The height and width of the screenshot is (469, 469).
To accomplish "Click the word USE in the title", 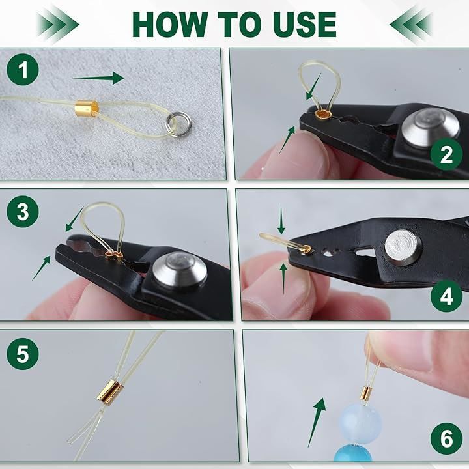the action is point(305,25).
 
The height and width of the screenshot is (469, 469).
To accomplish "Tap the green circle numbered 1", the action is point(23,70).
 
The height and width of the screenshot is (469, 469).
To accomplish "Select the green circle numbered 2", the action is point(447,154).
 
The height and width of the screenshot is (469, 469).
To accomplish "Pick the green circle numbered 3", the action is point(23,212).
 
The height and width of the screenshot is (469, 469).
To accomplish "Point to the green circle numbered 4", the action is point(447,296).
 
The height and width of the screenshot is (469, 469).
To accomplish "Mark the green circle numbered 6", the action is point(447,438).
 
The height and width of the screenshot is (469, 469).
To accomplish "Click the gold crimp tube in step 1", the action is point(87,108).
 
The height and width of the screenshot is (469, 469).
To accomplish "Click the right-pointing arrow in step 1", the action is point(98,78).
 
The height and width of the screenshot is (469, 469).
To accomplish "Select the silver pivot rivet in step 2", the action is point(430,128).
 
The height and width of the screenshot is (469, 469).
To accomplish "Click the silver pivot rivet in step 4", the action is point(403,248).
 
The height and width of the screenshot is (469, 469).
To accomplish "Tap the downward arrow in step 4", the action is point(281,219).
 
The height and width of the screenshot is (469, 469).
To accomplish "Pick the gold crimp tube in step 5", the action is point(110,391).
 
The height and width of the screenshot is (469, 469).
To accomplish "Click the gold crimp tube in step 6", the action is point(366,395).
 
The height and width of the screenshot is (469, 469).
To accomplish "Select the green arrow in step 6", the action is point(317,422).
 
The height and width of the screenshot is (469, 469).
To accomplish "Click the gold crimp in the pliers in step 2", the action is point(323,114).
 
